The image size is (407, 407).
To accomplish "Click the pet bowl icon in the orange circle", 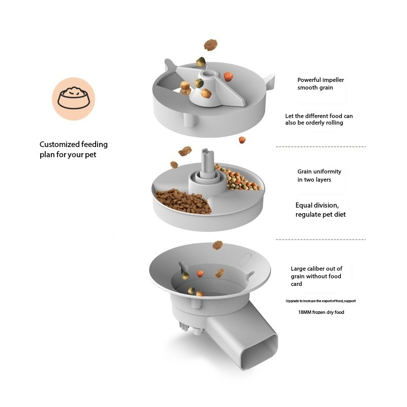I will pos(73,98).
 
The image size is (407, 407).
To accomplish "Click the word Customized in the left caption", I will pos(59,144).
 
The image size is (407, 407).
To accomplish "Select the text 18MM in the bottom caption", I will pos(306,312).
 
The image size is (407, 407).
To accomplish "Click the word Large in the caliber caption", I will pos(299,269).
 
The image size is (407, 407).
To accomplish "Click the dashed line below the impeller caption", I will pos(321,147).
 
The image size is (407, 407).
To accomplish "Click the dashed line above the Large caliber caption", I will pos(321,239).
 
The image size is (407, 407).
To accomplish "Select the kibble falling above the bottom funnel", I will pos(218,245).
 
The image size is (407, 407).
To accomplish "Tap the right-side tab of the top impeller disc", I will pos(269,80).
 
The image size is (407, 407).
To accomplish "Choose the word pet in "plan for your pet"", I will pos(91,155).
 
